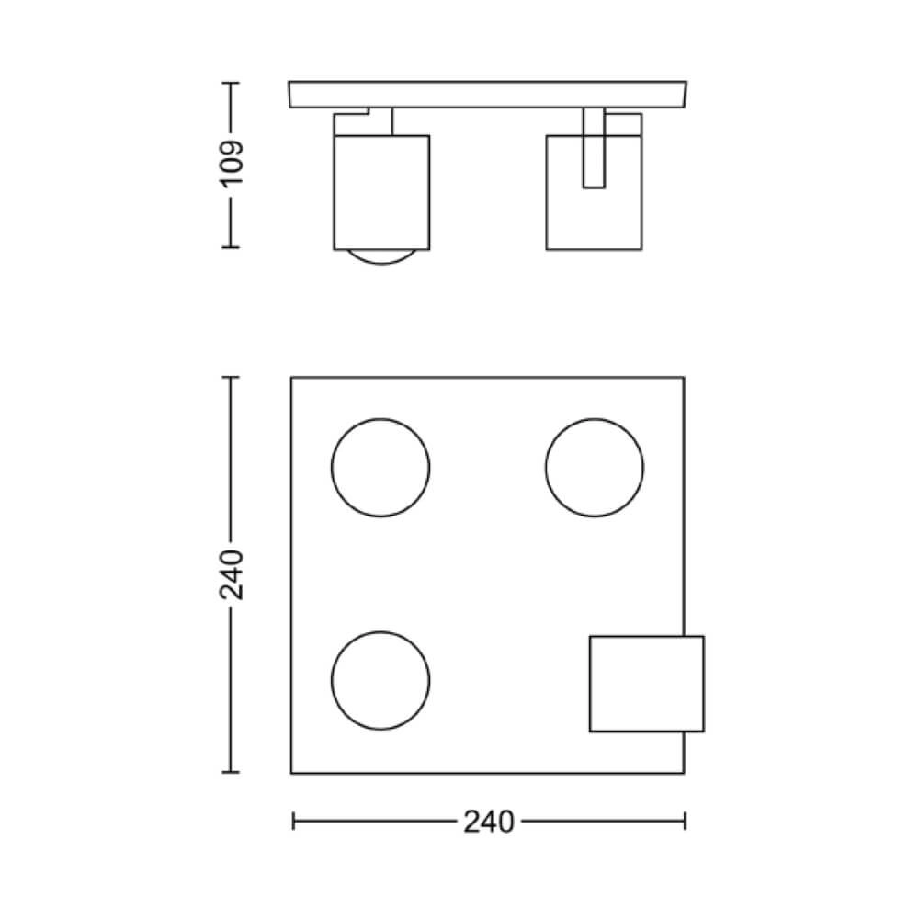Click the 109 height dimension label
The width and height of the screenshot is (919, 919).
tap(231, 165)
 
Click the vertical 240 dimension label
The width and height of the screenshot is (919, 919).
tap(231, 574)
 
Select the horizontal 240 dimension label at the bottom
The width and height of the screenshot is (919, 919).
tap(488, 822)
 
